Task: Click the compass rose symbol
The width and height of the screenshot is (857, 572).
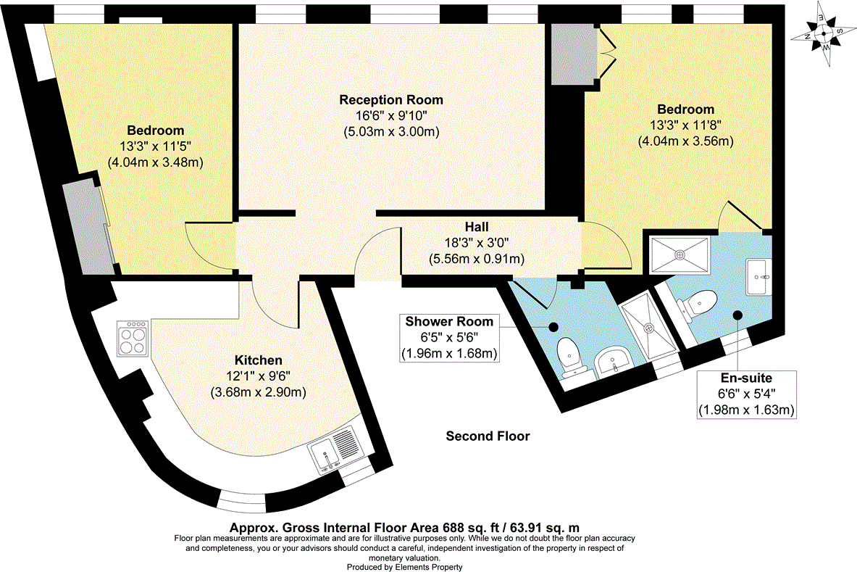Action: coord(824,34)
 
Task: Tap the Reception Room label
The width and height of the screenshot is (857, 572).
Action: coord(391,99)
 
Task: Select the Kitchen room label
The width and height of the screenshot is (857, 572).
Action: coord(258,360)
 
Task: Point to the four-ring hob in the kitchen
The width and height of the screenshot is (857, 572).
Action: coord(132,339)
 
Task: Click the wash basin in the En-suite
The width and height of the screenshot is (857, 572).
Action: coord(759,276)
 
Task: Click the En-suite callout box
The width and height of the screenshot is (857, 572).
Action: coord(746,394)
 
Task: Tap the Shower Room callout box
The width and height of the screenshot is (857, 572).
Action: coord(449,337)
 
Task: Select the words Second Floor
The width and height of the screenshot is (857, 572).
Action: coord(488,436)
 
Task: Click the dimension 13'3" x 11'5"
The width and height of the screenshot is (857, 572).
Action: coord(155,146)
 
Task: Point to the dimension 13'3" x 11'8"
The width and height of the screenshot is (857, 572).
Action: coord(685,125)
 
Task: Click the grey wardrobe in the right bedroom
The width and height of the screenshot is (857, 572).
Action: coord(569,54)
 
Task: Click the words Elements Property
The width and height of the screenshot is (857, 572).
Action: coord(430,567)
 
